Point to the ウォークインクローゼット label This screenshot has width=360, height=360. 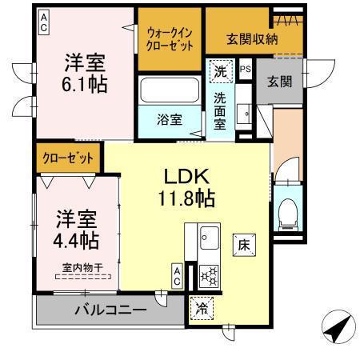click(x=170, y=38)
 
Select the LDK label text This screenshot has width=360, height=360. click(x=187, y=175)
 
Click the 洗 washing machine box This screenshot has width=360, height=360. click(x=221, y=71)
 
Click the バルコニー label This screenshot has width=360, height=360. click(x=111, y=309)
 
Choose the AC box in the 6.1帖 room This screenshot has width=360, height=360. click(x=43, y=21)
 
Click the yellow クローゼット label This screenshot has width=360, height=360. click(x=68, y=158)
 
